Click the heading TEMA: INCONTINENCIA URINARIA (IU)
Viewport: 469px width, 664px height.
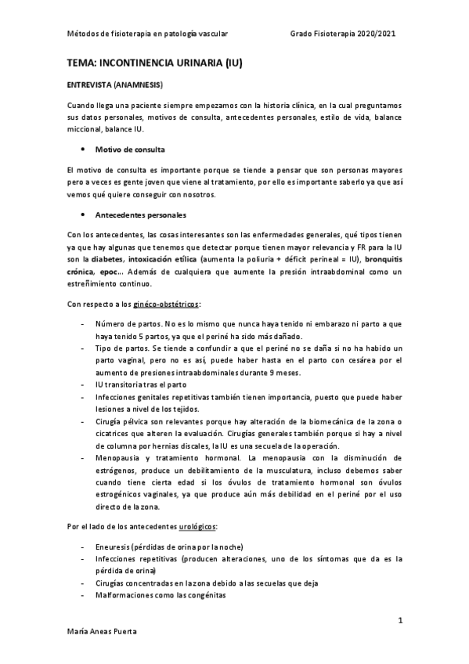pyautogui.click(x=154, y=63)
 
